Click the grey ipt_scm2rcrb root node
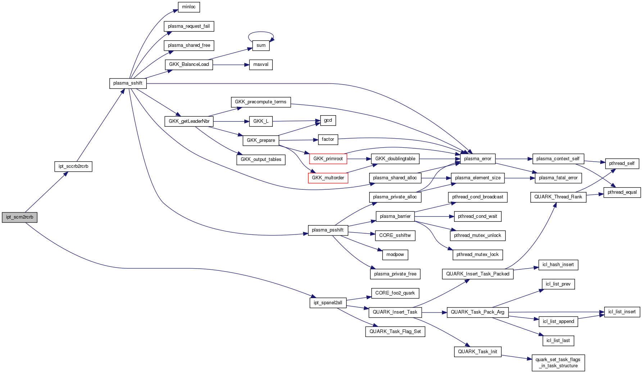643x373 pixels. [x=19, y=217]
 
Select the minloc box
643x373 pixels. [x=189, y=7]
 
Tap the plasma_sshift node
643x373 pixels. [x=128, y=83]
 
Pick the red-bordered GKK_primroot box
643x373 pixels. [x=328, y=159]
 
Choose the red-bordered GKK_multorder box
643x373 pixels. [x=328, y=178]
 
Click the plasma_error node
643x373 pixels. [x=477, y=159]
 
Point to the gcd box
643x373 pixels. [x=328, y=120]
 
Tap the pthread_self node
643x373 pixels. [x=622, y=163]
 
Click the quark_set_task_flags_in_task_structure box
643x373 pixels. [x=558, y=363]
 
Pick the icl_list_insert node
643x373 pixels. [x=622, y=312]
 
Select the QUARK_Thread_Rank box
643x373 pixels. [x=558, y=197]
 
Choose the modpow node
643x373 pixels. [x=395, y=255]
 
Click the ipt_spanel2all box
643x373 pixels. [x=328, y=303]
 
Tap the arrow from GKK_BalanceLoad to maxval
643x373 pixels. [x=230, y=65]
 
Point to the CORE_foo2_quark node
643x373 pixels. [x=395, y=293]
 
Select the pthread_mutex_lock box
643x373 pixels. [x=477, y=255]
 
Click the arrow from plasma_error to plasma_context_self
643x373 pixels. [x=513, y=159]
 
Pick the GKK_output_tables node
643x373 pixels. [x=261, y=159]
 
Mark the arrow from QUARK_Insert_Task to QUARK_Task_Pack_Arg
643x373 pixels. [x=434, y=312]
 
